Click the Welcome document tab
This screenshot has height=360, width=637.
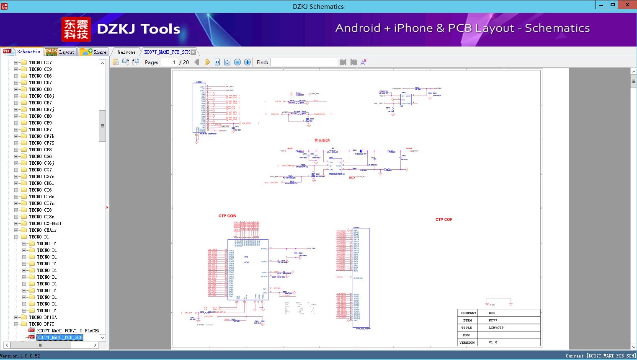click(126, 52)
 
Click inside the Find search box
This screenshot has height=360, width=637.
click(304, 62)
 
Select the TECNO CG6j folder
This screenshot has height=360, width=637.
click(41, 163)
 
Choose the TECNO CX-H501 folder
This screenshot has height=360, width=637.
click(45, 223)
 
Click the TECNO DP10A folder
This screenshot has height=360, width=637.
click(43, 317)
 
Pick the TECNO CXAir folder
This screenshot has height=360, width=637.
click(43, 230)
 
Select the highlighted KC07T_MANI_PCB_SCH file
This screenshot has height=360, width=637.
click(60, 337)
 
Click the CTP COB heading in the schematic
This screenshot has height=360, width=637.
click(227, 216)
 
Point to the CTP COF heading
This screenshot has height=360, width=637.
click(444, 220)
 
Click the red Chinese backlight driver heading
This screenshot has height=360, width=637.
click(322, 140)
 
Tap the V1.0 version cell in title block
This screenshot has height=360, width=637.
click(493, 342)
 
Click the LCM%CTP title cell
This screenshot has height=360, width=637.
click(496, 328)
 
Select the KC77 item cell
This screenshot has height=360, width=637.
click(493, 320)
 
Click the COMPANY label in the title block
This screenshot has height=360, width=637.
click(469, 313)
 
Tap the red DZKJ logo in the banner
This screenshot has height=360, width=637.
click(76, 29)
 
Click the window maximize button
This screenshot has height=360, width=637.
click(612, 5)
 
